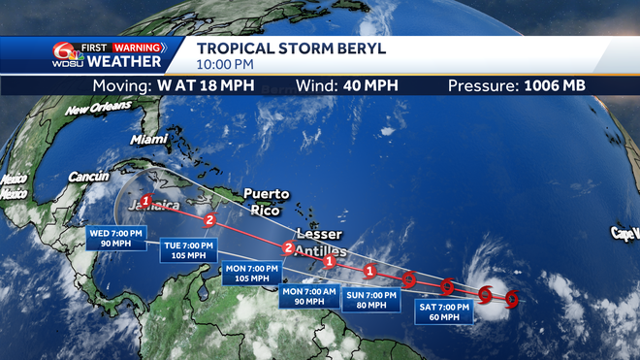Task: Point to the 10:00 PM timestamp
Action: click(x=226, y=65)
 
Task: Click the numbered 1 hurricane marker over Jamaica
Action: click(x=145, y=201)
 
